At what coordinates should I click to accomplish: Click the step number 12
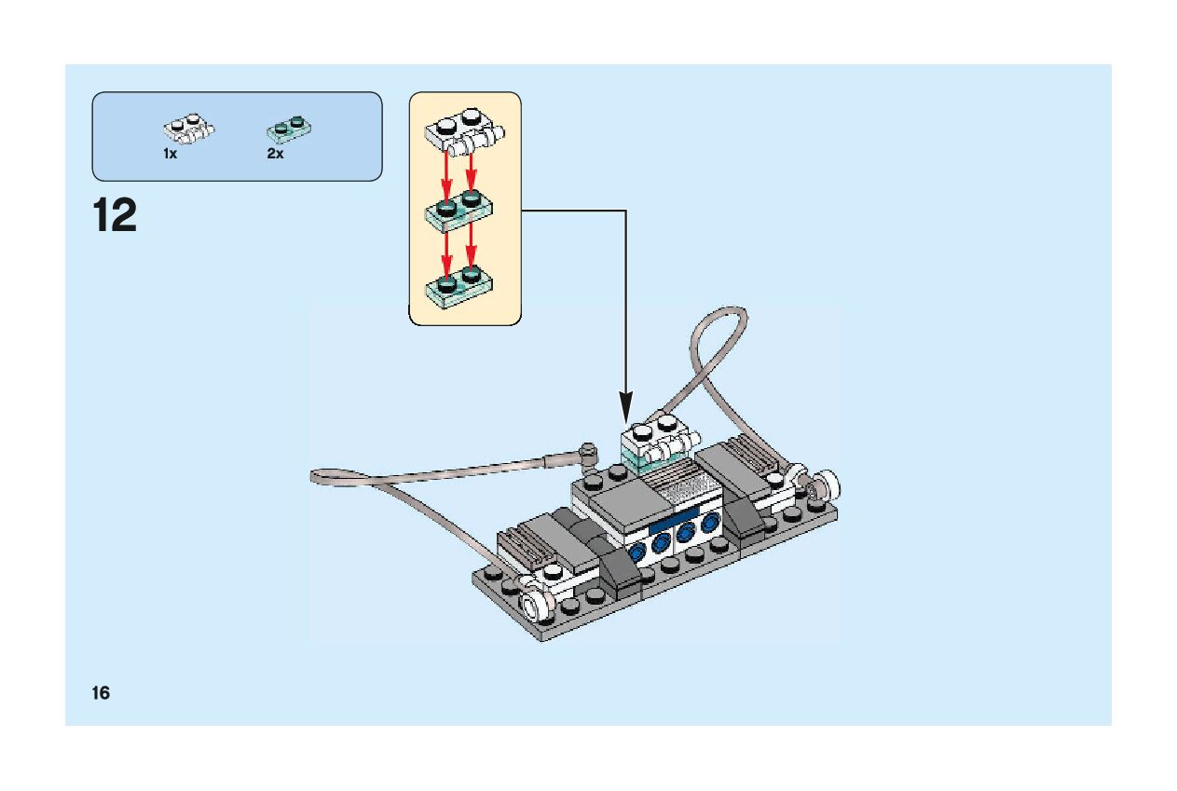pos(115,216)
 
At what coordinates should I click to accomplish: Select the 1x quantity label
pos(170,154)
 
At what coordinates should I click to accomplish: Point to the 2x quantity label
pos(275,154)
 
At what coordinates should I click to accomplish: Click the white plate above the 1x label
pos(188,129)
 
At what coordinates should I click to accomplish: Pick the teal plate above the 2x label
pos(289,128)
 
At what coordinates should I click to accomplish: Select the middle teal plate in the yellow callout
pos(459,210)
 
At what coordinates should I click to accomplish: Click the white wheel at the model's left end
pos(534,607)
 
